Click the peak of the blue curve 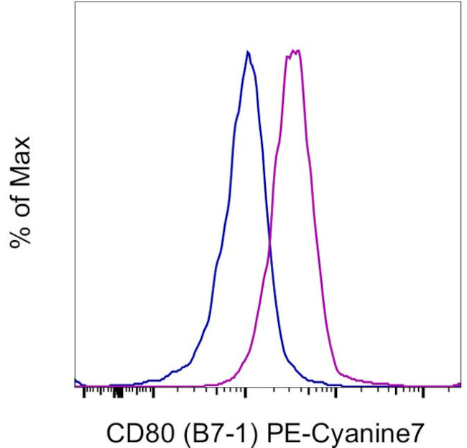tap(248, 52)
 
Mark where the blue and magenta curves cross tap(269, 248)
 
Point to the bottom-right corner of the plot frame tap(461, 388)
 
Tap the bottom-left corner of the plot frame tap(75, 388)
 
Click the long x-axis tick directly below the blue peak tap(246, 393)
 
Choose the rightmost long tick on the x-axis tap(423, 393)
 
